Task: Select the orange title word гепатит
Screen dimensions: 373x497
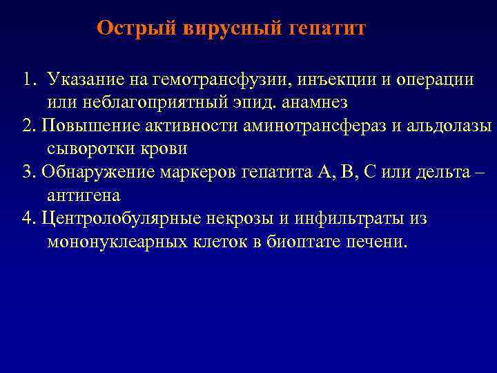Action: [324, 28]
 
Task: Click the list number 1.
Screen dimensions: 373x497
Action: [27, 79]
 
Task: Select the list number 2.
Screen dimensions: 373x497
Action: [28, 126]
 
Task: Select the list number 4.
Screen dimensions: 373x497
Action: [28, 219]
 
